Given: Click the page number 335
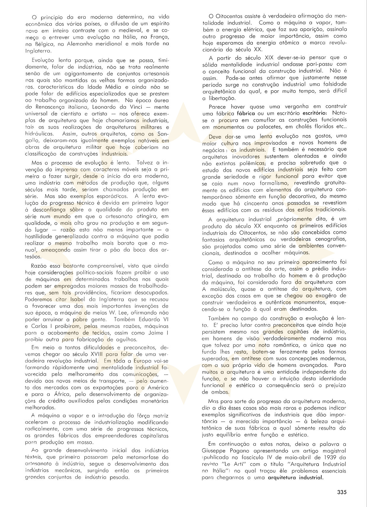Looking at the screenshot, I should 341,492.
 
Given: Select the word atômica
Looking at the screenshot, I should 283,43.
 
